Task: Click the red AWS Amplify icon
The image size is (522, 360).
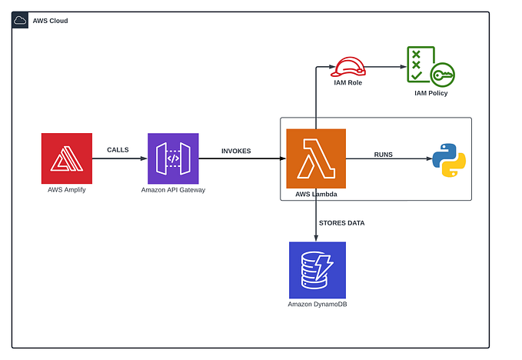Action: [x=67, y=158]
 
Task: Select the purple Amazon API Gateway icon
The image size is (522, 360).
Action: [x=173, y=158]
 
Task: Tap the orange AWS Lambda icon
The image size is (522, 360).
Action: [x=316, y=158]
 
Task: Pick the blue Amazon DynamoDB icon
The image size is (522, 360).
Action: [x=317, y=270]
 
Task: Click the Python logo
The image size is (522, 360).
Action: [x=449, y=159]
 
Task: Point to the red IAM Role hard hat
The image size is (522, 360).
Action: [x=348, y=67]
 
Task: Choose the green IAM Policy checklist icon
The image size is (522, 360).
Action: [x=429, y=66]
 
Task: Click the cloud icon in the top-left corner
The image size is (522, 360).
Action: [x=21, y=21]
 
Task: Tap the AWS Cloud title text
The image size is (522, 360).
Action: [x=50, y=21]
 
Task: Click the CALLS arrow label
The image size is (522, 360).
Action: [x=118, y=150]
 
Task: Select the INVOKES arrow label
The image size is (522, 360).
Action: [x=236, y=151]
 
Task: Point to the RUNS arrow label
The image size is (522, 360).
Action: [x=383, y=155]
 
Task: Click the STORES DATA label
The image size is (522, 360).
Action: [x=341, y=222]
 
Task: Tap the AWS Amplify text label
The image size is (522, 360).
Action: [x=67, y=189]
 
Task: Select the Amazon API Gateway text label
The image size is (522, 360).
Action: [x=173, y=189]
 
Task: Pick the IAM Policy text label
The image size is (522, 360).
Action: [x=431, y=93]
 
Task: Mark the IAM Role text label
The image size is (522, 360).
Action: [x=348, y=82]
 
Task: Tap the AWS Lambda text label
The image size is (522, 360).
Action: [x=316, y=195]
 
